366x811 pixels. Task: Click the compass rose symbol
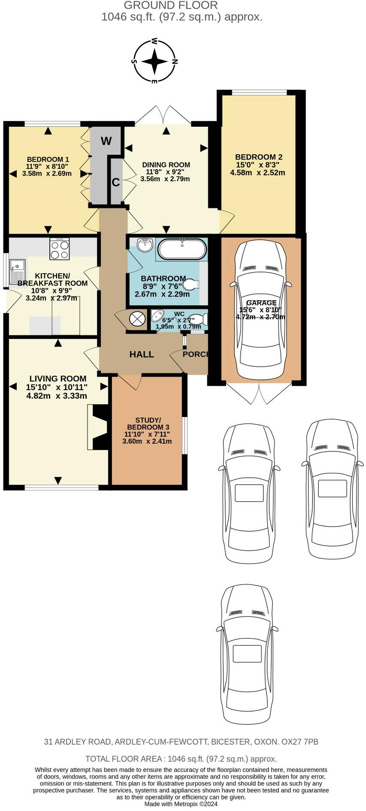click(x=154, y=61)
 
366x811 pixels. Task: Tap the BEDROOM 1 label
click(x=48, y=159)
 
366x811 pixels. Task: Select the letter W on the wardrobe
click(x=106, y=140)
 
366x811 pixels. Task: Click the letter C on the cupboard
click(x=115, y=182)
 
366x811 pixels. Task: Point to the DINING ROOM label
click(x=166, y=165)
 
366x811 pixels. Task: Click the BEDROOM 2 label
click(x=258, y=157)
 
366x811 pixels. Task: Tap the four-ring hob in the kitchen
click(x=60, y=250)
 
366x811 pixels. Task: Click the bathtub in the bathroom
click(x=182, y=249)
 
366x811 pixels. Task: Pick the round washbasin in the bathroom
click(x=145, y=245)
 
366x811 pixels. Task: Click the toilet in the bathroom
click(x=191, y=284)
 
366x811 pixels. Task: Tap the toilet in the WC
click(x=199, y=319)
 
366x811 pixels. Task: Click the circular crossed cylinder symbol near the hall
click(x=138, y=318)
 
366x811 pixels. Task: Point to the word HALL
click(x=142, y=354)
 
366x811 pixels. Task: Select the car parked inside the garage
click(x=260, y=309)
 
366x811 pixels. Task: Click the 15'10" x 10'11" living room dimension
click(x=57, y=387)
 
